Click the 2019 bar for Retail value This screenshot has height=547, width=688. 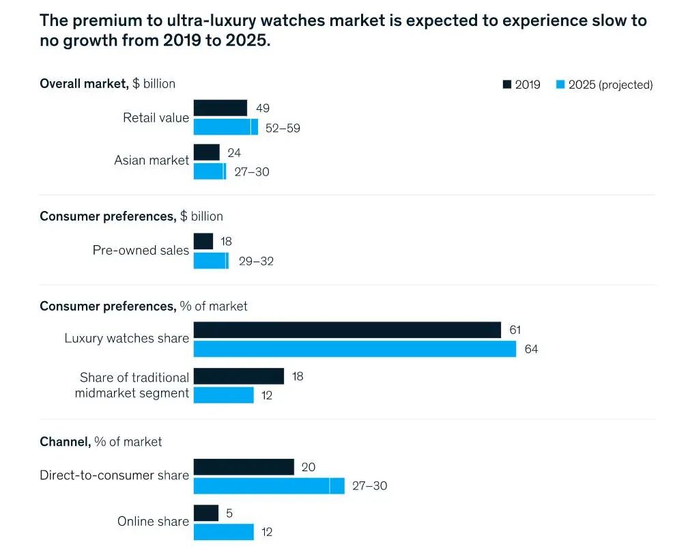tap(220, 108)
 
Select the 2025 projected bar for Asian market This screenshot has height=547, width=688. tap(210, 171)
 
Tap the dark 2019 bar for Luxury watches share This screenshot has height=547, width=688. tap(347, 331)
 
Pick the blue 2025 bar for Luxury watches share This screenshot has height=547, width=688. tap(354, 349)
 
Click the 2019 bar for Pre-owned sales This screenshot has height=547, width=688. tap(203, 241)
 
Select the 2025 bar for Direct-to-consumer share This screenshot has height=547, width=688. tap(269, 486)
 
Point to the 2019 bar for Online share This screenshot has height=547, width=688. tap(205, 513)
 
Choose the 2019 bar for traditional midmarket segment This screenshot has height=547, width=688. tap(238, 376)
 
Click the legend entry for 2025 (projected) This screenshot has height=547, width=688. tap(603, 85)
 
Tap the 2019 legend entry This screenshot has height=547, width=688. tap(521, 85)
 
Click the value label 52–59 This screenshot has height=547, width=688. tap(283, 128)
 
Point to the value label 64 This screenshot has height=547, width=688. tap(531, 350)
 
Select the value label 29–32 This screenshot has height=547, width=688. tap(256, 261)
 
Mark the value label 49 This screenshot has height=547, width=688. tap(263, 108)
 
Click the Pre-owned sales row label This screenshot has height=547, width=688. tap(141, 251)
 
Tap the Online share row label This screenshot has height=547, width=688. tap(153, 522)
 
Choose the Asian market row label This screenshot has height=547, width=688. tap(152, 160)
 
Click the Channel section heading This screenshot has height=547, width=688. tap(65, 442)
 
